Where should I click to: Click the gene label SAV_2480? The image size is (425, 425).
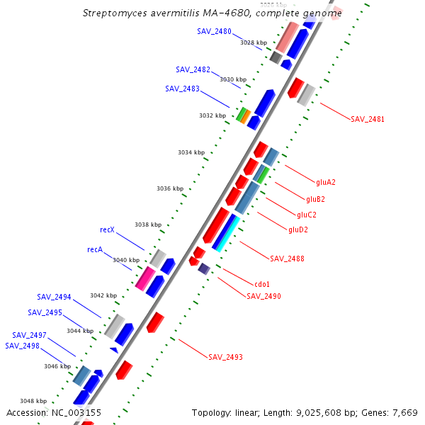(x=214, y=31)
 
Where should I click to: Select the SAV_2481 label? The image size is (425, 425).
(x=368, y=119)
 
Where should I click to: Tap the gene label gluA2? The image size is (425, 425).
(x=326, y=182)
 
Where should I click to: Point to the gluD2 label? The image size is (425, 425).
(x=298, y=229)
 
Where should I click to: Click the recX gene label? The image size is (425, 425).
(x=107, y=229)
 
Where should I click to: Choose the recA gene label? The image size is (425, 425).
(x=95, y=249)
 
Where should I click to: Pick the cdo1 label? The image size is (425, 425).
(x=262, y=284)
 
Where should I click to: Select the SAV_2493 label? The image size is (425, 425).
(x=225, y=357)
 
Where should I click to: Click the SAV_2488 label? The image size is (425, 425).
(x=287, y=259)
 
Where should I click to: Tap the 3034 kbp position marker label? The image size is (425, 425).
(x=191, y=152)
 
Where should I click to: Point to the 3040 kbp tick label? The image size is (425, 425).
(x=126, y=260)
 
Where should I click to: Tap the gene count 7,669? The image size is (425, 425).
(x=404, y=412)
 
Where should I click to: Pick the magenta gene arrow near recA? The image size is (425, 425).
(x=145, y=278)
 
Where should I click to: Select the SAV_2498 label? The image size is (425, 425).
(x=22, y=346)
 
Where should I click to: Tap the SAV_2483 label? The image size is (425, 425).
(x=182, y=89)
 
